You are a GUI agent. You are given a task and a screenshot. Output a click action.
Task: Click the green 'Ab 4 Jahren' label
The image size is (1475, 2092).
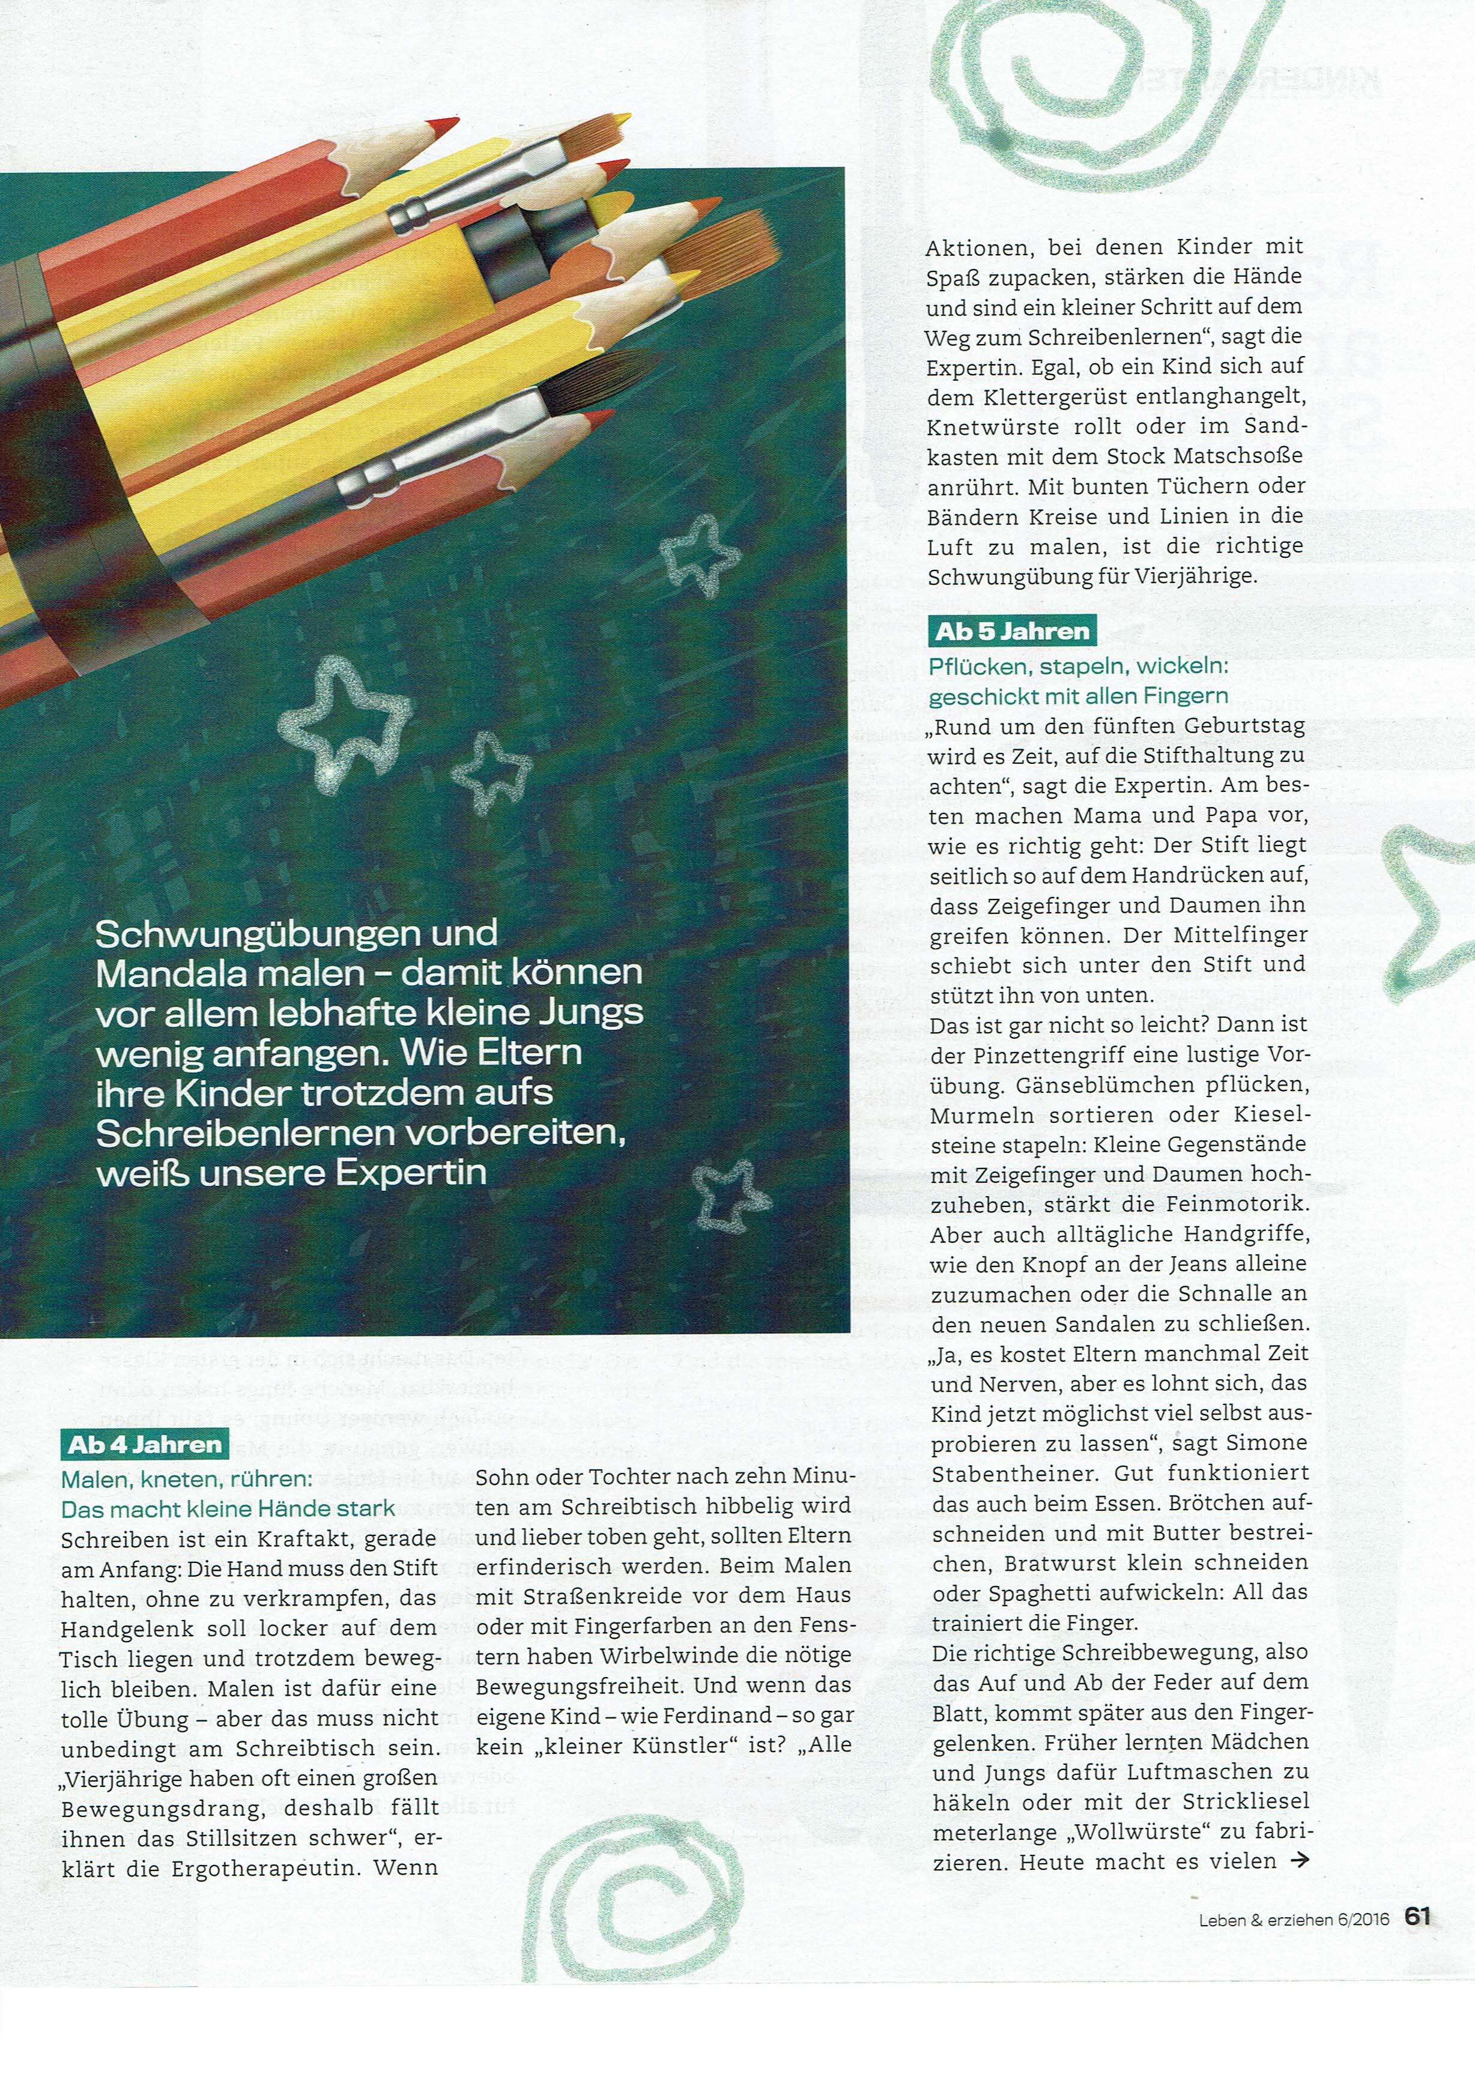(x=145, y=1444)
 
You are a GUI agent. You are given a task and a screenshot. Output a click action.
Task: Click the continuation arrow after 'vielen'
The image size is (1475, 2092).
(x=1300, y=1859)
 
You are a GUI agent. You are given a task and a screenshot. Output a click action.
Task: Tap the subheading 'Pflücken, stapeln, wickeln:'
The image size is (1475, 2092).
(x=1078, y=666)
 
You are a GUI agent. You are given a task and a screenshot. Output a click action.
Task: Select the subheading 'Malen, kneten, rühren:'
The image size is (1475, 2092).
(x=186, y=1478)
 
